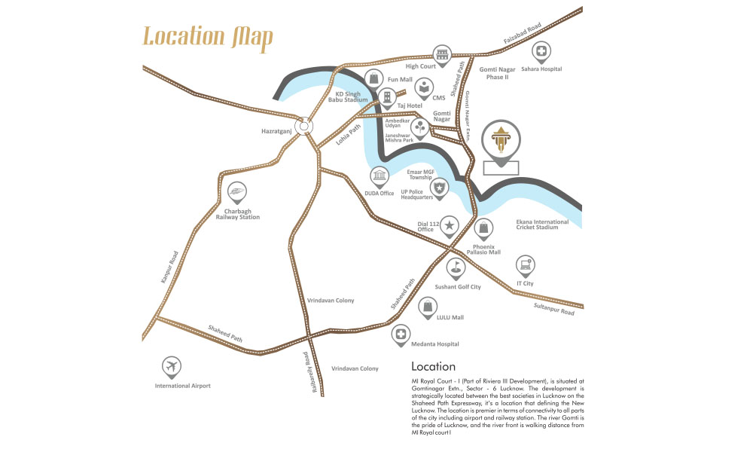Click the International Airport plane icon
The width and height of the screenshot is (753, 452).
[x=172, y=367]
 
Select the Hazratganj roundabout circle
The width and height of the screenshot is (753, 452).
[x=303, y=127]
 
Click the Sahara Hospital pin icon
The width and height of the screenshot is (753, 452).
[x=541, y=51]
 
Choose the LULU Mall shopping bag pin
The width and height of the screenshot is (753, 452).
[x=428, y=306]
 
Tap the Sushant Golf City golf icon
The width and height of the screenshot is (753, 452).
[x=456, y=267]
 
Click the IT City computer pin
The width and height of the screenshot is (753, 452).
[x=526, y=264]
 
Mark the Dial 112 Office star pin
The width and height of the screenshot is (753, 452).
[x=450, y=224]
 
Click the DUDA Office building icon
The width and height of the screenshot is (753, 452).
[x=379, y=177]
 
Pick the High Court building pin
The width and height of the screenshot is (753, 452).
[x=441, y=53]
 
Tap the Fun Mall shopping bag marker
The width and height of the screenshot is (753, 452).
[x=374, y=78]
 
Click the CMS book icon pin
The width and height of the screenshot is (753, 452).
[x=425, y=87]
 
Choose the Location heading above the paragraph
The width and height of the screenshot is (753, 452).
[x=433, y=367]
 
